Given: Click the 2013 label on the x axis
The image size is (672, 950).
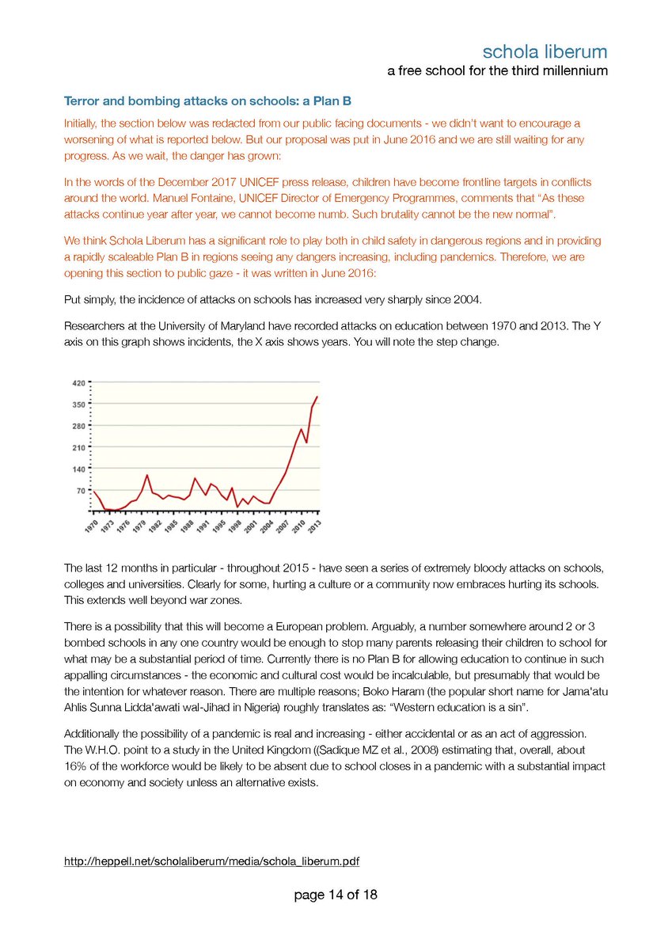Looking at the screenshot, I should click(313, 526).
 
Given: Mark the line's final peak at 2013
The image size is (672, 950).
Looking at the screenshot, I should click(317, 397).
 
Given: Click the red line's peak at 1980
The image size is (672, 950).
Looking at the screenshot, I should click(147, 475).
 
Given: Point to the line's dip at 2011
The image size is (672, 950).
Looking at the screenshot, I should click(307, 443).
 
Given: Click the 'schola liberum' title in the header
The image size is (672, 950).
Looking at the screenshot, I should click(545, 52).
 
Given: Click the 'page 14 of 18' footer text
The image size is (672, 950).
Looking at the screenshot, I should click(336, 895).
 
